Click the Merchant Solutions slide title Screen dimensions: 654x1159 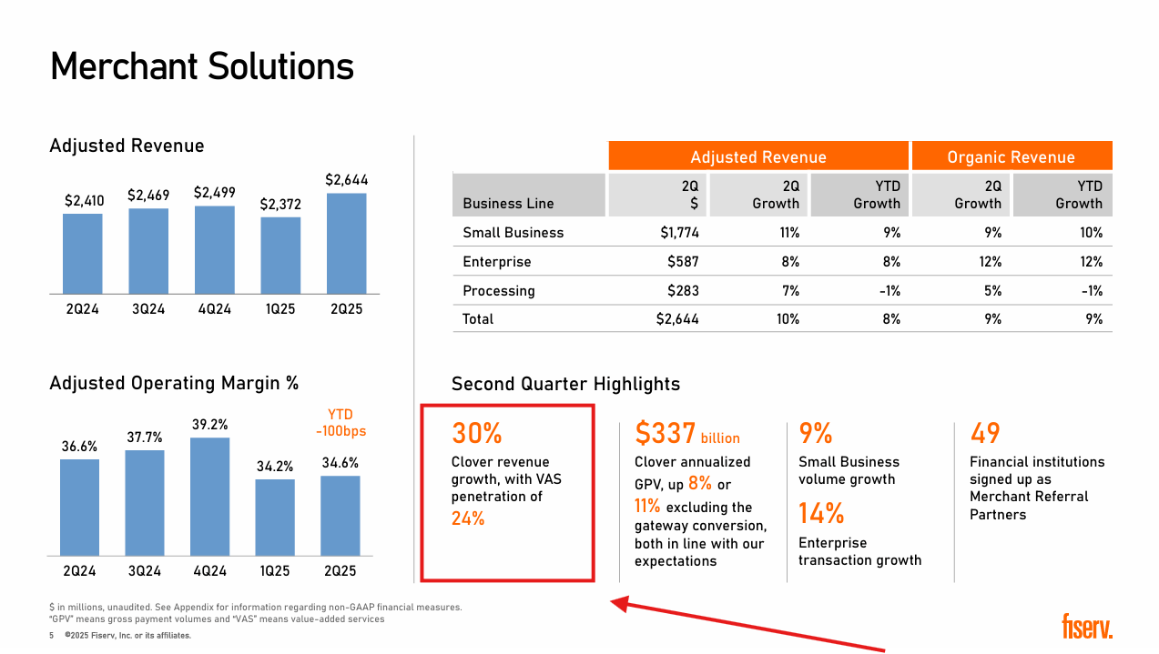(201, 67)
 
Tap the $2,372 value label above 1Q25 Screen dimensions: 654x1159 (280, 205)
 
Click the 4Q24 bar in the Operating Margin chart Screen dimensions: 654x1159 (209, 496)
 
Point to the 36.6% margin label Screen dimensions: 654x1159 (80, 447)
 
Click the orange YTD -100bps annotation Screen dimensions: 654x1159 (341, 423)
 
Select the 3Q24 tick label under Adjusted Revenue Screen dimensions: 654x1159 (148, 309)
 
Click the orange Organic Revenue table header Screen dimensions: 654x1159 (1011, 156)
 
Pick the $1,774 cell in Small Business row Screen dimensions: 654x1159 (679, 233)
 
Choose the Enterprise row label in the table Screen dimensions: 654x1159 (496, 262)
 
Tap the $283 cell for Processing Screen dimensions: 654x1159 (685, 291)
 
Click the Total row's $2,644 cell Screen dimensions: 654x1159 (677, 319)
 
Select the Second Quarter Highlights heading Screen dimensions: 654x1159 (565, 384)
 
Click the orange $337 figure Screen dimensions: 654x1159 (666, 434)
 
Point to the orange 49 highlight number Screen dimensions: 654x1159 (985, 433)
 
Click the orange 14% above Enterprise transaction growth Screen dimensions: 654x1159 (821, 514)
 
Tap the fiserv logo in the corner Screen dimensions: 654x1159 (1086, 627)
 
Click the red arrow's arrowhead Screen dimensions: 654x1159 (619, 602)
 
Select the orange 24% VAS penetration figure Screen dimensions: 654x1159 (468, 518)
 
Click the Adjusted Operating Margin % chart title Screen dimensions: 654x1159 (174, 384)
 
